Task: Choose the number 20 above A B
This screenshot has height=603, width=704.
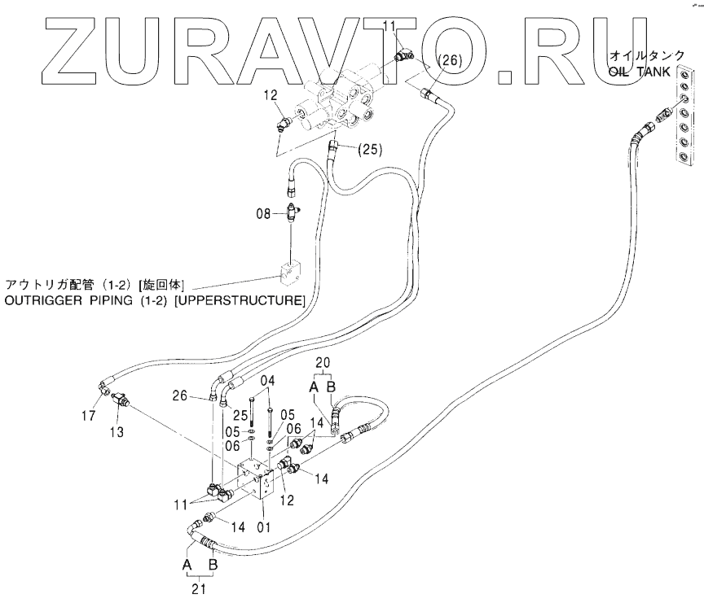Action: point(323,363)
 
